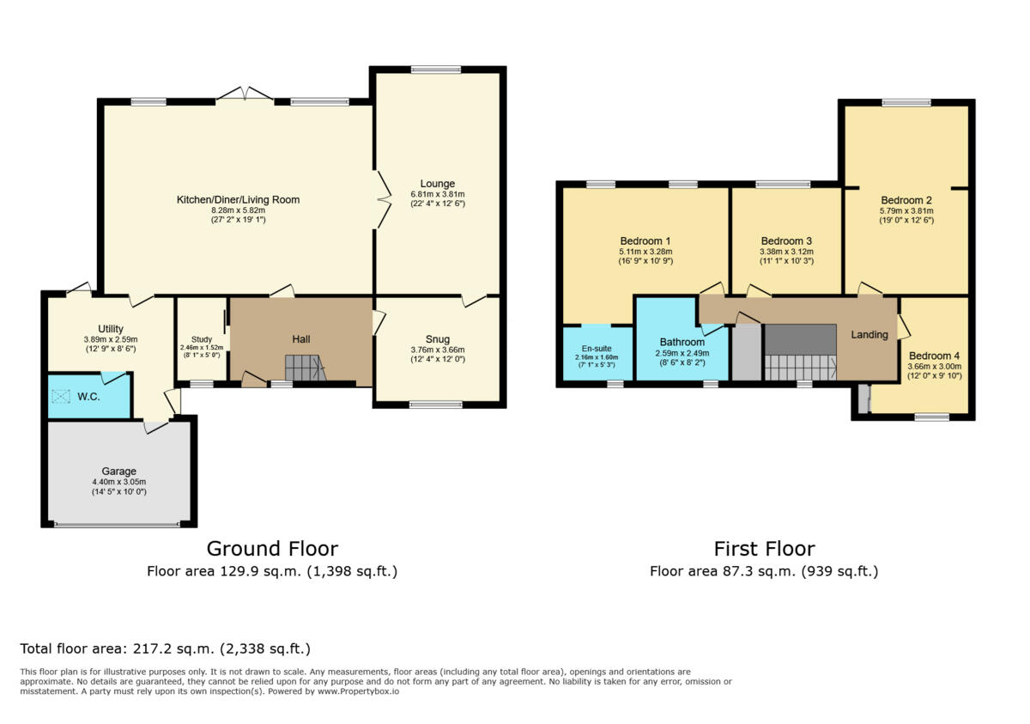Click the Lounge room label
(438, 183)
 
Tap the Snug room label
(438, 339)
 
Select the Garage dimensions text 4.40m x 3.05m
(119, 482)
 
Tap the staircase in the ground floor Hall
(306, 369)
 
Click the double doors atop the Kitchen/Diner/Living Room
(245, 94)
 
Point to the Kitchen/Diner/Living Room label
(238, 199)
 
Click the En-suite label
(597, 349)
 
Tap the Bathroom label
(682, 342)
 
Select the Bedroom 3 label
(786, 240)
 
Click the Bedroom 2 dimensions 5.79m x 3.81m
(906, 210)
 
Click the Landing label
(869, 334)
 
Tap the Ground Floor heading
(272, 549)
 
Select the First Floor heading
(764, 549)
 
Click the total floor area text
(165, 648)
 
